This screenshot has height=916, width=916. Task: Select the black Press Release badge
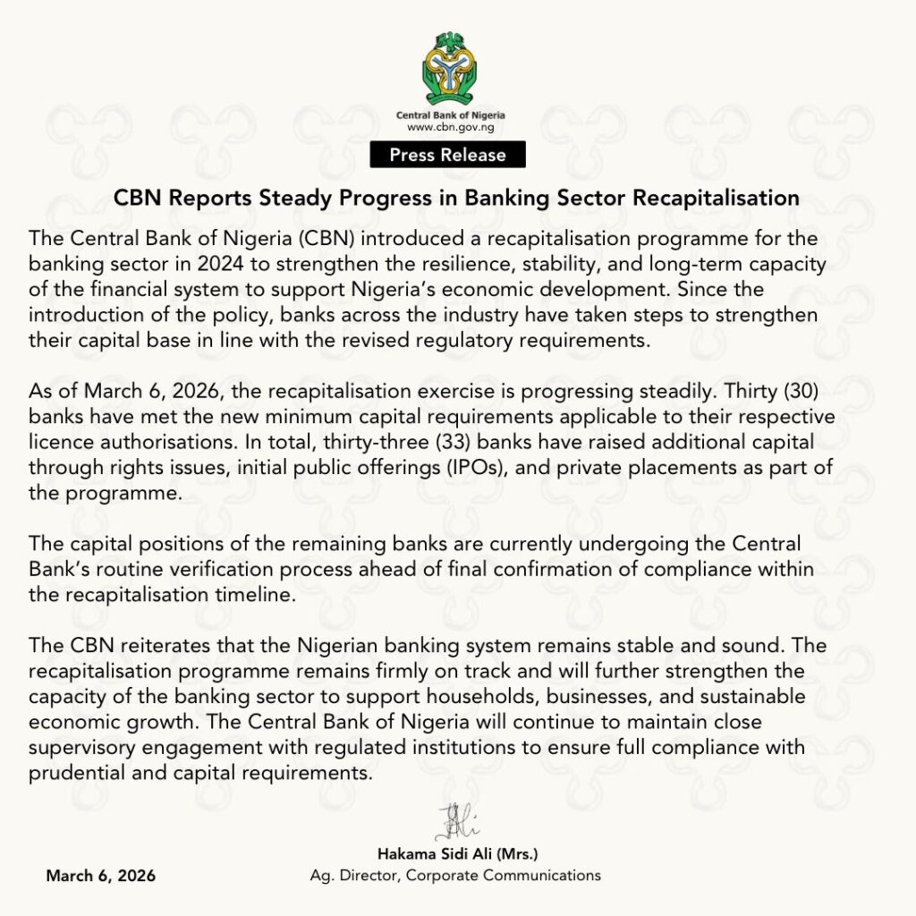click(447, 155)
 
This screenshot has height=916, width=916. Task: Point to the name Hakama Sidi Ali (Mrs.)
click(457, 853)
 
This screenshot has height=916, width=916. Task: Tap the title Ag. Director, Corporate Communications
click(455, 875)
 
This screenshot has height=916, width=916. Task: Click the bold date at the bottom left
click(100, 875)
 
